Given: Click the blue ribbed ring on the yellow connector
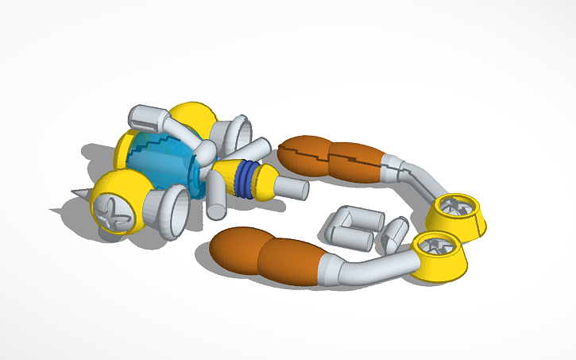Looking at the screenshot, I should tap(249, 180).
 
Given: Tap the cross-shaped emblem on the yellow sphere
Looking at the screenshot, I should tap(110, 212).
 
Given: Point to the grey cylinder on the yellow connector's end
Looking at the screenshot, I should tap(293, 189).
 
